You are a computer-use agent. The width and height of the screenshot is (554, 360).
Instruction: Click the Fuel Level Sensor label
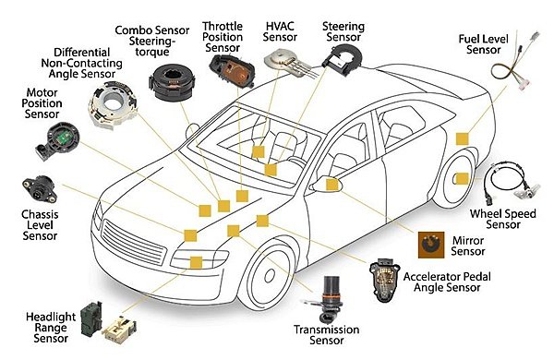point(483,44)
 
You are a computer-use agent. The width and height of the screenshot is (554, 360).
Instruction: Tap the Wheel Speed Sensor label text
point(503,219)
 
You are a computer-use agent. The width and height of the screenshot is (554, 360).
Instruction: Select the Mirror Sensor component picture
point(431,245)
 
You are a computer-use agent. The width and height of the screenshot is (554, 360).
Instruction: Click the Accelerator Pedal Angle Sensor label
point(447,282)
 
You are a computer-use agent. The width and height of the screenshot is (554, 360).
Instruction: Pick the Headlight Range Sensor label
point(51,328)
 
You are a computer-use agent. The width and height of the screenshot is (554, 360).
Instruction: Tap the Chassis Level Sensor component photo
point(39,189)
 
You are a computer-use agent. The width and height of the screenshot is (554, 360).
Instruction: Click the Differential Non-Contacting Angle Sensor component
point(113,104)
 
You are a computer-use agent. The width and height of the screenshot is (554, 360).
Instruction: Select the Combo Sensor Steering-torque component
point(172,83)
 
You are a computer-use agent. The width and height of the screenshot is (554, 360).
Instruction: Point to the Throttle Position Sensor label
point(223,37)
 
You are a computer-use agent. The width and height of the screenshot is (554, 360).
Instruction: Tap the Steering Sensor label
point(343,31)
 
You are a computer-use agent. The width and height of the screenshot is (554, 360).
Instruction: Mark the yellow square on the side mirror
point(331,185)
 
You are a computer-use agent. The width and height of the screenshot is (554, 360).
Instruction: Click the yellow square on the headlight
point(196,262)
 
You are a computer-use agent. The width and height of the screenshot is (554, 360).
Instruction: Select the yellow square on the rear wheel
point(463,179)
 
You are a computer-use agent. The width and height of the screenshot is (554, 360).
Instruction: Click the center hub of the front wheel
point(270,275)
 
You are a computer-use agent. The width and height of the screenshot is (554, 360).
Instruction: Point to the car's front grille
point(134,242)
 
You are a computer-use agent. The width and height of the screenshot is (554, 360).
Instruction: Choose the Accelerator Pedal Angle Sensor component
point(384,280)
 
